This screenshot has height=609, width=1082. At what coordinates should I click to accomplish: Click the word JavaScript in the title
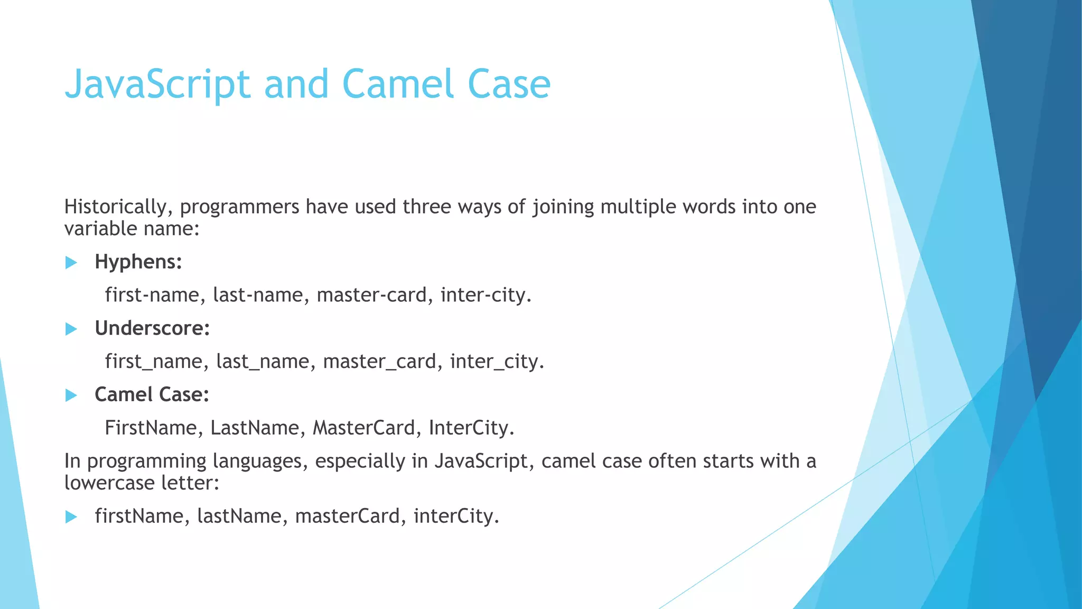pyautogui.click(x=157, y=85)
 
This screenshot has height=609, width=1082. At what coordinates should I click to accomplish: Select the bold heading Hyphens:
pyautogui.click(x=138, y=262)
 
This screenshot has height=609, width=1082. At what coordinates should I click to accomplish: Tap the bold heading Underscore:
pyautogui.click(x=152, y=328)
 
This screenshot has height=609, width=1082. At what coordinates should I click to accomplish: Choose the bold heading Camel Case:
pyautogui.click(x=152, y=395)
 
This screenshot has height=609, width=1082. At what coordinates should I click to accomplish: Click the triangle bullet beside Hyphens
pyautogui.click(x=71, y=263)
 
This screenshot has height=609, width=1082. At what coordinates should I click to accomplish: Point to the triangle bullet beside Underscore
pyautogui.click(x=71, y=329)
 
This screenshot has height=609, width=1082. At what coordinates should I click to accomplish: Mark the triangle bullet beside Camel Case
pyautogui.click(x=71, y=395)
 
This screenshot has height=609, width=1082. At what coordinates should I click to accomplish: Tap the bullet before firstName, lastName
pyautogui.click(x=71, y=517)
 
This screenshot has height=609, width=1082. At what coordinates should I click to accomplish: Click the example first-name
pyautogui.click(x=152, y=295)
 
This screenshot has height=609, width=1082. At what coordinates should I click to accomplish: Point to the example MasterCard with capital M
pyautogui.click(x=364, y=428)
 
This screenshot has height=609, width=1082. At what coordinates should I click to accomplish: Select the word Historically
pyautogui.click(x=116, y=207)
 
